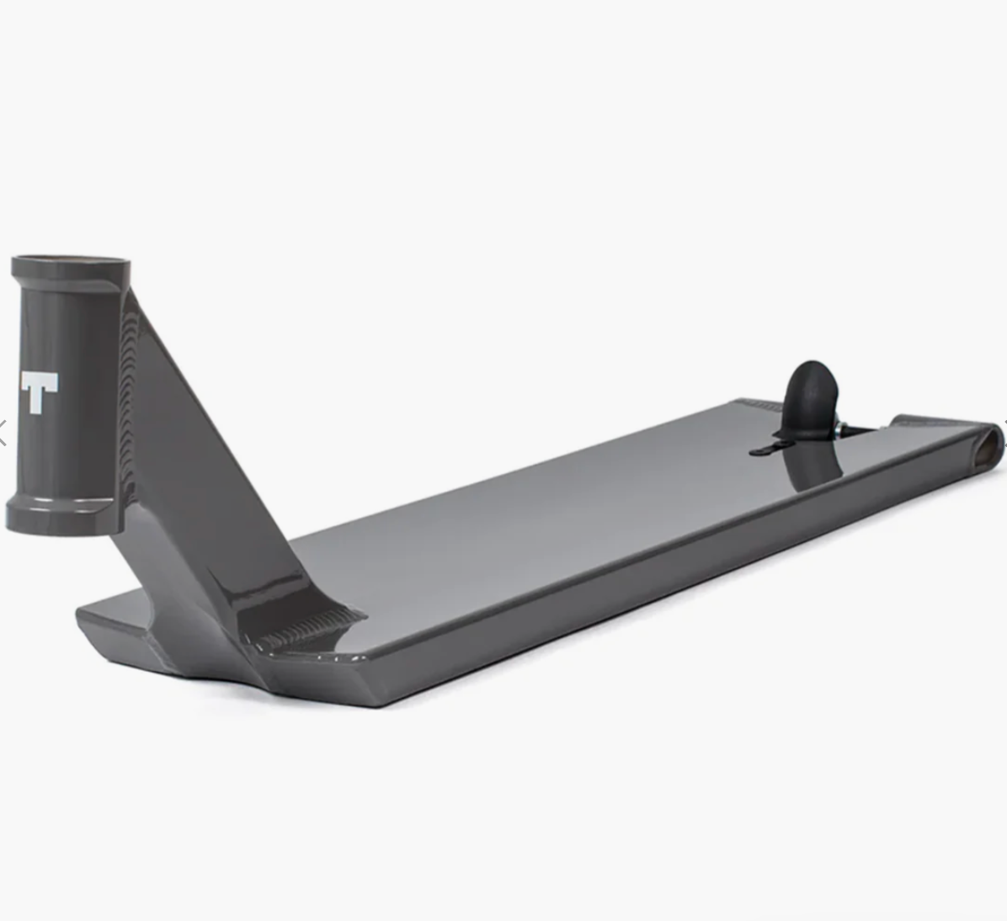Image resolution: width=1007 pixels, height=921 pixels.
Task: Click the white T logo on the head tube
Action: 40,391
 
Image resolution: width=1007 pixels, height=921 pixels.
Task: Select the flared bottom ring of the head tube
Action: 64,514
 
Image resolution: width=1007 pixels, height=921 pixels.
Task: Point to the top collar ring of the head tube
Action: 71,269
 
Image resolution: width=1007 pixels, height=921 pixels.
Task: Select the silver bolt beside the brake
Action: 840,429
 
